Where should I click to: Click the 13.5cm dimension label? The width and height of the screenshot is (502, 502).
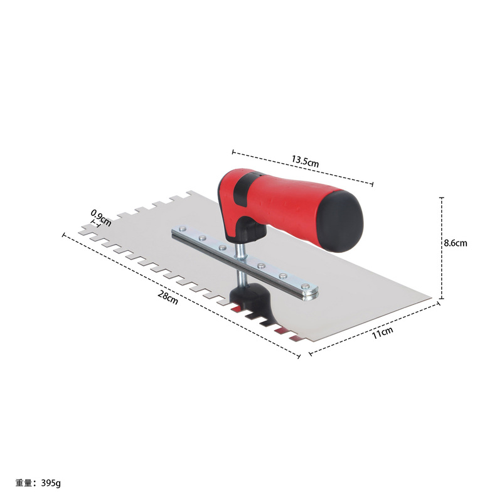point(305,161)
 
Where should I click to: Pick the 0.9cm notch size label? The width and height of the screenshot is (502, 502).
point(100,217)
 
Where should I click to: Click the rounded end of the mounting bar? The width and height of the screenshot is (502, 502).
point(310,291)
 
